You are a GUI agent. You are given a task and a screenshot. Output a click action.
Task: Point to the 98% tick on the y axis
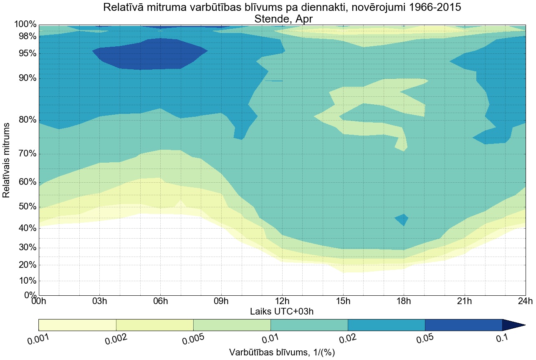[25, 36]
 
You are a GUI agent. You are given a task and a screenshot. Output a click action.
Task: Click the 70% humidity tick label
[25, 154]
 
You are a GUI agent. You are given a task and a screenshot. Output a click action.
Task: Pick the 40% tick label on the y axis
[25, 228]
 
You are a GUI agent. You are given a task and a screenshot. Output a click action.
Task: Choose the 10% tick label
[25, 281]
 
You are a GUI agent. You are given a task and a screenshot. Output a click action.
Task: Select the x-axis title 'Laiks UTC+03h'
[282, 311]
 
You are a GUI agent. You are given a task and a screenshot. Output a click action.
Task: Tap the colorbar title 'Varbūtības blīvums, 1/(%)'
[282, 352]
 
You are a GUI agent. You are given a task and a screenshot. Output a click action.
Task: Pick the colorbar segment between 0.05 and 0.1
[463, 325]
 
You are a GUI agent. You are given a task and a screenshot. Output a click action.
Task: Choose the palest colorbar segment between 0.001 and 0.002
[77, 325]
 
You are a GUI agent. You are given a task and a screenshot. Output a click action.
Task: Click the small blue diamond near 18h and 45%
[402, 219]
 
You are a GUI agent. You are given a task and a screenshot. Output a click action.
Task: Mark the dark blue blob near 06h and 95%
[146, 54]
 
